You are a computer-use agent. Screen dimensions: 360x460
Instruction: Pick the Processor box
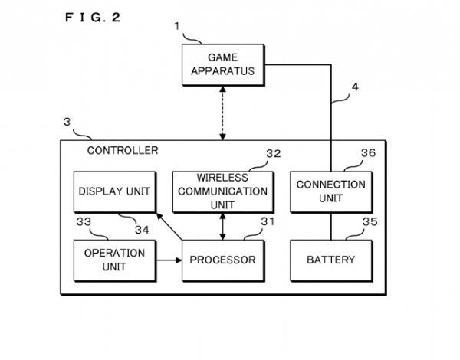coord(223,260)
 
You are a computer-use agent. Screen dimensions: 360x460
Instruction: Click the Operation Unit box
coord(113,260)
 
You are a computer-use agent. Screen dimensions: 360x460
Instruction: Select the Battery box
coord(330,260)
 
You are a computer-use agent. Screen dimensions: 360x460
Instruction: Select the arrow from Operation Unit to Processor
coord(168,260)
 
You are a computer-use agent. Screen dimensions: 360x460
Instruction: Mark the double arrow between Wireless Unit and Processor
coord(222,226)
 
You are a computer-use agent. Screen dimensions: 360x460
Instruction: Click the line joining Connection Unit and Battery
coord(330,226)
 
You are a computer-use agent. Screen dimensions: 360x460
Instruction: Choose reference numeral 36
coord(369,153)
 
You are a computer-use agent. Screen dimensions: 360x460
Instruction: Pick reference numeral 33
coord(84,222)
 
